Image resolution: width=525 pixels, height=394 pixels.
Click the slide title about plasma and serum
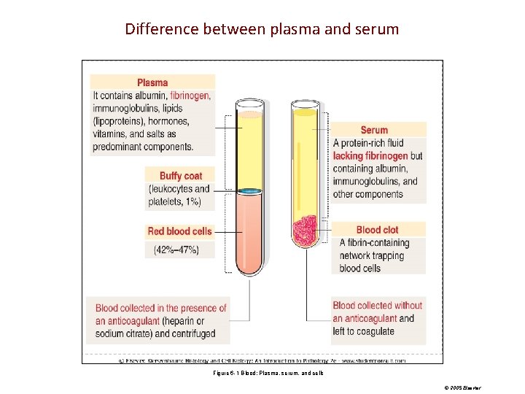pyautogui.click(x=262, y=29)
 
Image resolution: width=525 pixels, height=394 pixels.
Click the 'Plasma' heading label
pyautogui.click(x=152, y=82)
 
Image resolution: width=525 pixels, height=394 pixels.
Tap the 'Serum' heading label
pyautogui.click(x=374, y=130)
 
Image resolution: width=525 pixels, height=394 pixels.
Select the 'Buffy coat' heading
pyautogui.click(x=181, y=176)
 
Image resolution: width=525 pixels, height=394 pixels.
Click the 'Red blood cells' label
pyautogui.click(x=179, y=231)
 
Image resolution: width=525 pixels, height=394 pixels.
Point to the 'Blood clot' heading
pyautogui.click(x=377, y=230)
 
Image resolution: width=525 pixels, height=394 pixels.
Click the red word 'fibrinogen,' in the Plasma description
pyautogui.click(x=191, y=96)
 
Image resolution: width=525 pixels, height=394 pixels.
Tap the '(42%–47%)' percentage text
pyautogui.click(x=176, y=250)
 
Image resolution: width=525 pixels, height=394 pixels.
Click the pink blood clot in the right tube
pyautogui.click(x=304, y=230)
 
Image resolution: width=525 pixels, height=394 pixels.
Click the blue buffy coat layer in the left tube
pyautogui.click(x=250, y=190)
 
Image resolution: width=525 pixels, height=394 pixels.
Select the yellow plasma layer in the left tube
pyautogui.click(x=250, y=150)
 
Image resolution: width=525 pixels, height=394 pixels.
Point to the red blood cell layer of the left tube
pyautogui.click(x=250, y=230)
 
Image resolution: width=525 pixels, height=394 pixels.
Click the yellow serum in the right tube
pyautogui.click(x=304, y=161)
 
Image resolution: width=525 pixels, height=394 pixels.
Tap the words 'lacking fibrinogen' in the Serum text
pyautogui.click(x=370, y=156)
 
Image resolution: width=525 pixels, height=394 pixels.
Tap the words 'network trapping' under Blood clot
pyautogui.click(x=374, y=255)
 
